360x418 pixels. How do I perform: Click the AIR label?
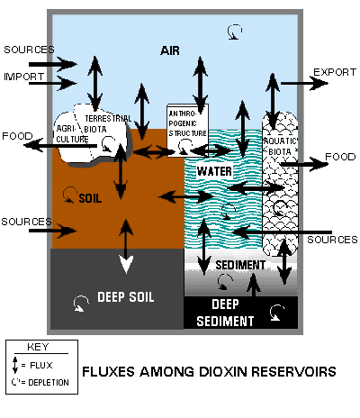[170, 50]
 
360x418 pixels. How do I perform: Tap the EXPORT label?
[335, 72]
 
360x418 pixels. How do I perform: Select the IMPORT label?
[23, 77]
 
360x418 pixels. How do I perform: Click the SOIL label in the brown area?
[90, 198]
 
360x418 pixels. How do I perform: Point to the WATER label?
[214, 171]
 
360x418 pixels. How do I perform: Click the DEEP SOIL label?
[126, 297]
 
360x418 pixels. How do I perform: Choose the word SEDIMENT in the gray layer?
[240, 265]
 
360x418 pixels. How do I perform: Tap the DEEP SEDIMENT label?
[225, 313]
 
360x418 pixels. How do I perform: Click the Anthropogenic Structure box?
[187, 131]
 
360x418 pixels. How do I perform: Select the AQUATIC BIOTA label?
[280, 146]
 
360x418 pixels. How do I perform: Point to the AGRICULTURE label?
[72, 134]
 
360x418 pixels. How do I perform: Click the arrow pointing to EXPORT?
[304, 83]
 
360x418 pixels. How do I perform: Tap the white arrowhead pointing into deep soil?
[126, 264]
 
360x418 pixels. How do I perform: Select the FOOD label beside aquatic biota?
[340, 157]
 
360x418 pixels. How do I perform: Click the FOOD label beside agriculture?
[17, 136]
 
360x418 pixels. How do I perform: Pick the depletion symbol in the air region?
[234, 32]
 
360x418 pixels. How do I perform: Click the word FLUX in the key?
[41, 366]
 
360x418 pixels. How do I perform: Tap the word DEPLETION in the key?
[49, 383]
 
